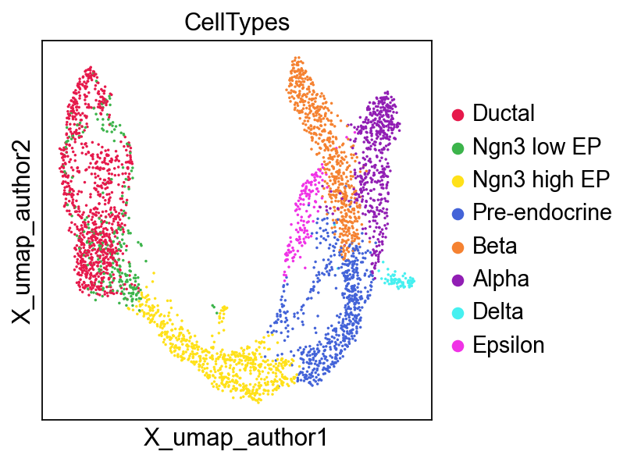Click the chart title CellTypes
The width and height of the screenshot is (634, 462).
tap(237, 23)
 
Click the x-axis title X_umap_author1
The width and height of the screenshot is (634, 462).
tap(236, 439)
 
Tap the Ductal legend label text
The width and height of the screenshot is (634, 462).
tap(504, 114)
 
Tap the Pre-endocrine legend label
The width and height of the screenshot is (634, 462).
tap(542, 213)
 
